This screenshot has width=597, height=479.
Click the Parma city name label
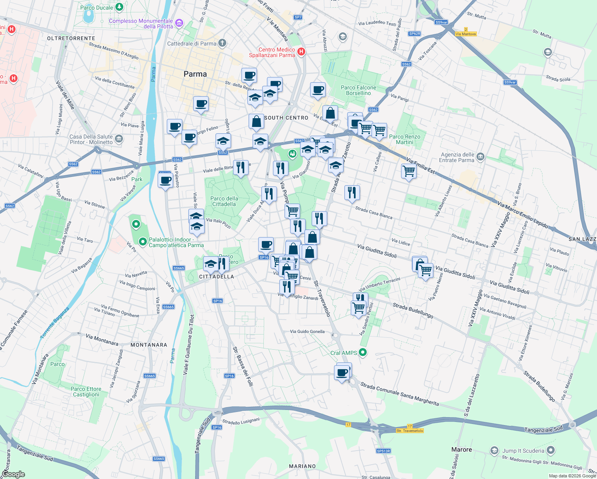tap(195, 74)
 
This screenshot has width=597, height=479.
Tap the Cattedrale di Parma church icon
tap(222, 43)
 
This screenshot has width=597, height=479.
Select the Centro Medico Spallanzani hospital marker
tap(301, 51)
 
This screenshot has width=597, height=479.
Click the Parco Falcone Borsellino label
tap(358, 90)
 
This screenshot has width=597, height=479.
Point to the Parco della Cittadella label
tap(224, 201)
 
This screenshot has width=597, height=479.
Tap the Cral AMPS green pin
tap(363, 352)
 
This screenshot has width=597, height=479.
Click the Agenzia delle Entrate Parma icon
tap(480, 156)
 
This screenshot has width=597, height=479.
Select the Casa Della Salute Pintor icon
tap(119, 139)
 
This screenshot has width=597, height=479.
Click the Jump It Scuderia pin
tap(551, 451)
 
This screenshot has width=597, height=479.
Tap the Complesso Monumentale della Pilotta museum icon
tap(179, 23)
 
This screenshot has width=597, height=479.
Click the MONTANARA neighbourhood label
tap(149, 345)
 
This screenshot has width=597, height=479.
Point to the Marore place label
tap(461, 449)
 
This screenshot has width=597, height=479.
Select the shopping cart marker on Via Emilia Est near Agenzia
tap(409, 172)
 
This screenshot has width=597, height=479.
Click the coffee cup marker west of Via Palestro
tap(165, 180)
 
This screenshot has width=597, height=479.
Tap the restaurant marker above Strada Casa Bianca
tap(352, 193)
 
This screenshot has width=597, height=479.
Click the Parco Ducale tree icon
tap(119, 7)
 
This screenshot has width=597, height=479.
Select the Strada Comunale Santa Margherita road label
tap(399, 394)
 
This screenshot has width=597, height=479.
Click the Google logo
tap(13, 474)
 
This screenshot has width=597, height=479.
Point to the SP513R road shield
tap(383, 451)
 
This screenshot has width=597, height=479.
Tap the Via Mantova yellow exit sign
tap(466, 34)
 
